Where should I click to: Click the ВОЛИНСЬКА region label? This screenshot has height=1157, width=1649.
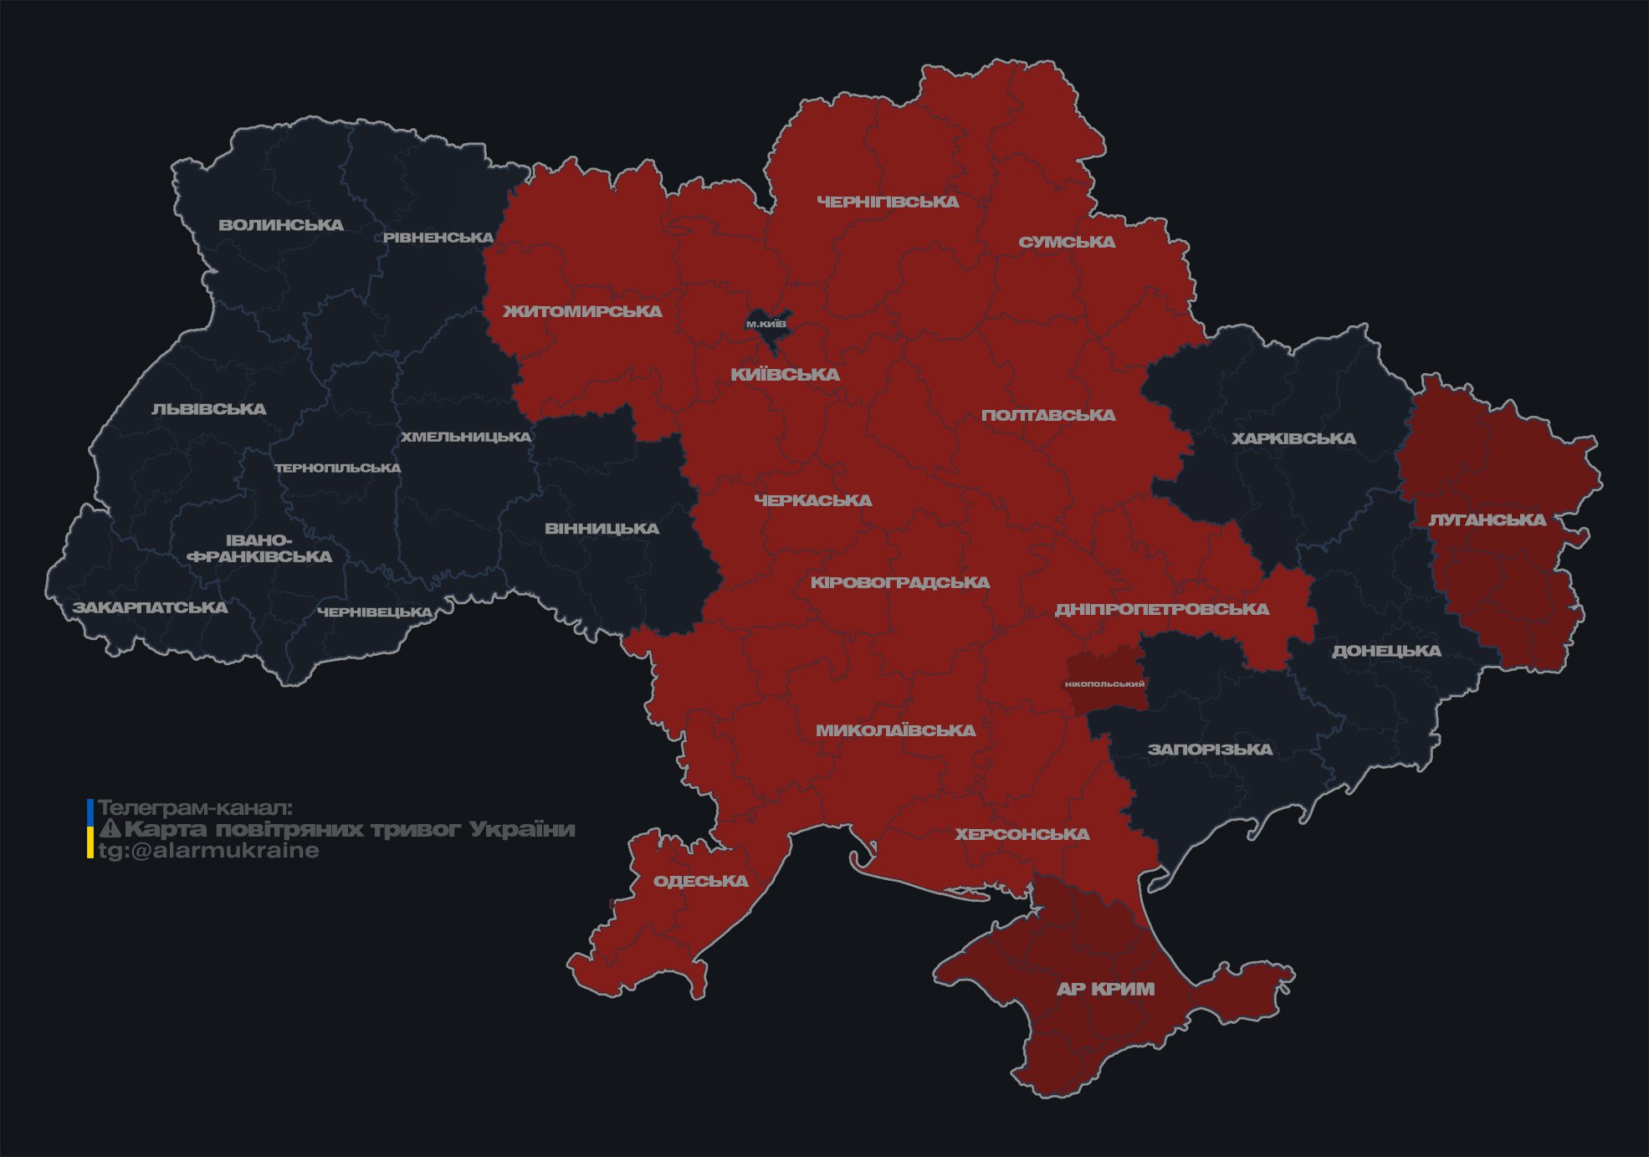(281, 225)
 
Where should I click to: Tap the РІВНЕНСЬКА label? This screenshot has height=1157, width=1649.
(438, 238)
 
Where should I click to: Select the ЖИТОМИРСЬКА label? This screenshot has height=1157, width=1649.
(582, 311)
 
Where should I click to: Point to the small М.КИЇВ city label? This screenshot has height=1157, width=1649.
(766, 324)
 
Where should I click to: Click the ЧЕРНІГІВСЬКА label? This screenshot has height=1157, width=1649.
(888, 202)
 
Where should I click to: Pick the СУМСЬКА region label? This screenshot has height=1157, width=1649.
(1067, 242)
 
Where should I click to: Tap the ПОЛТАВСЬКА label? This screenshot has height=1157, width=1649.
(1048, 415)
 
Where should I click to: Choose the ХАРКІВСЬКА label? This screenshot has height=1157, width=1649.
(1293, 438)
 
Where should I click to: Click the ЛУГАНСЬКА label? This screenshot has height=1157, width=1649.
(1487, 520)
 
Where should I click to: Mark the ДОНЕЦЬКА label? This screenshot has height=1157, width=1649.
(1386, 651)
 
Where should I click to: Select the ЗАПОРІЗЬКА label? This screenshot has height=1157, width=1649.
(1210, 750)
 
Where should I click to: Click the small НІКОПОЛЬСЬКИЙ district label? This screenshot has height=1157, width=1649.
(1104, 683)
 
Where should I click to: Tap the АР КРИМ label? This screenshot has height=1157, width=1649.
(1105, 989)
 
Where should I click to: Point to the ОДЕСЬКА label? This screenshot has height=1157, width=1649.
(700, 881)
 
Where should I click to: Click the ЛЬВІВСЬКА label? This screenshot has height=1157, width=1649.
(208, 409)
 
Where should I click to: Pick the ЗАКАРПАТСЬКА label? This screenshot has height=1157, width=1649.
(150, 607)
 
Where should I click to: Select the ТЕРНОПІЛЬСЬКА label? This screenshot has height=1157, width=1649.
(338, 468)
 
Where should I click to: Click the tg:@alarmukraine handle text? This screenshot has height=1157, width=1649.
(208, 851)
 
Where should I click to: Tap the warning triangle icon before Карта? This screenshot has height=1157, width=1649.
(110, 829)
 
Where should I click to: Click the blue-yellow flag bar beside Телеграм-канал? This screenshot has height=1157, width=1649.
(90, 829)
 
